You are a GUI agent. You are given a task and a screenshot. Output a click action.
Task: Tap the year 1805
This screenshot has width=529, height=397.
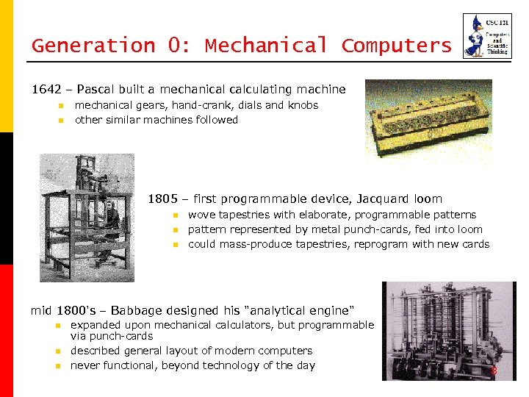163,198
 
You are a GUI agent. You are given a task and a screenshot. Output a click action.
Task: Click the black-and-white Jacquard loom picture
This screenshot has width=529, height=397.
87,217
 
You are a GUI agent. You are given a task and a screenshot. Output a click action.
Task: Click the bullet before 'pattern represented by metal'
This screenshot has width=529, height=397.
176,230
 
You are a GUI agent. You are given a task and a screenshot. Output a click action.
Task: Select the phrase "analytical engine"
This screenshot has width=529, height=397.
291,310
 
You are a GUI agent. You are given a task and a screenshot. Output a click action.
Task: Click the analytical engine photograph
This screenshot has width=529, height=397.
448,331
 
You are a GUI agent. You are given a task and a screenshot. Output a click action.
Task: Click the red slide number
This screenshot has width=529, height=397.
494,372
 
